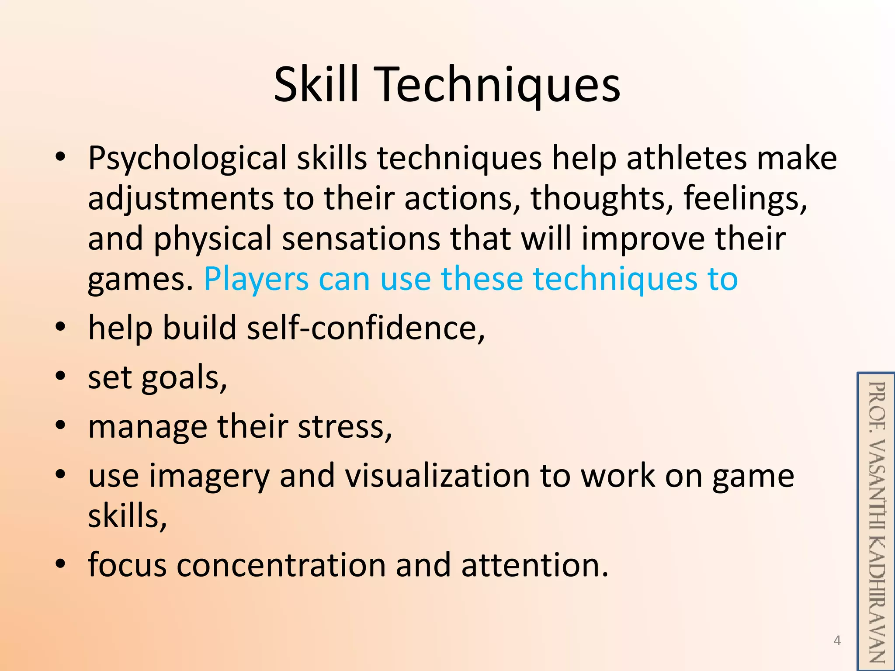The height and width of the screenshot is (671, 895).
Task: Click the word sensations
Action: pyautogui.click(x=361, y=239)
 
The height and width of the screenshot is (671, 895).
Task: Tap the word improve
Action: pyautogui.click(x=643, y=240)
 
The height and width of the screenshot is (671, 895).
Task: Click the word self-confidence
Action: pyautogui.click(x=365, y=328)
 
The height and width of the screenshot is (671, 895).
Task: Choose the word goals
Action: pyautogui.click(x=184, y=378)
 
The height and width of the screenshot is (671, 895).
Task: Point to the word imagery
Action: pyautogui.click(x=209, y=477)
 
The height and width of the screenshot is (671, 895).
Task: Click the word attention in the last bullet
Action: pyautogui.click(x=534, y=565)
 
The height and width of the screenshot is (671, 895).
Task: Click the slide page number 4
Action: pyautogui.click(x=837, y=640)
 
